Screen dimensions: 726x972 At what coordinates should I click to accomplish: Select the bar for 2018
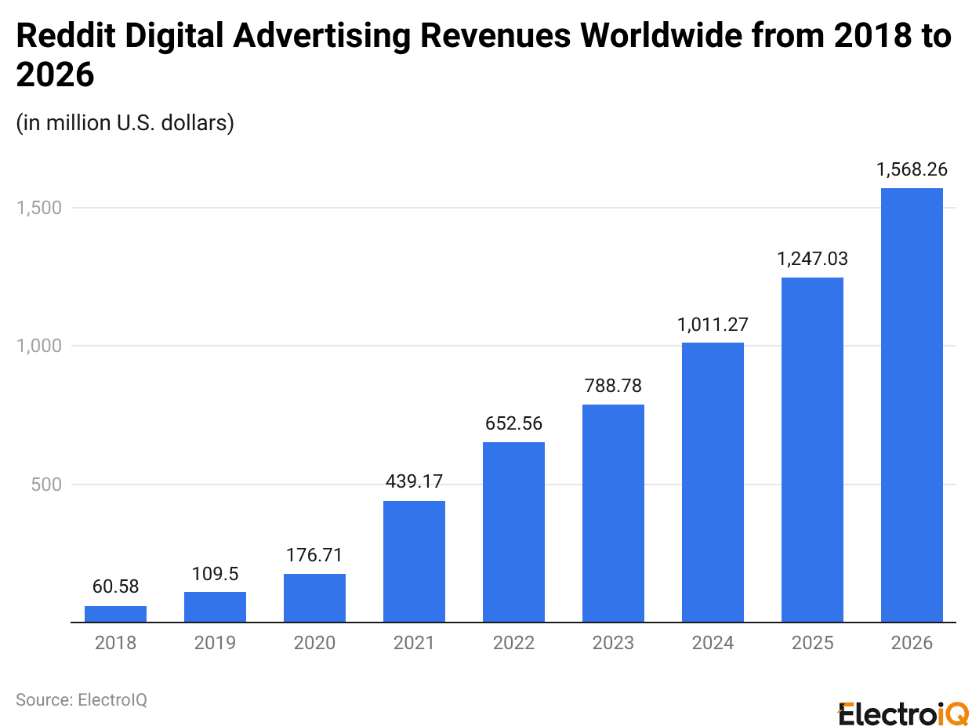point(115,614)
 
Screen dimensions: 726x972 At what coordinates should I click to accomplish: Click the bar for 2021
point(414,561)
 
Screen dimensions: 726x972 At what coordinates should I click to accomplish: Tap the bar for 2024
point(713,482)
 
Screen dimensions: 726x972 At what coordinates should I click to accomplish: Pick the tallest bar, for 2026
point(912,405)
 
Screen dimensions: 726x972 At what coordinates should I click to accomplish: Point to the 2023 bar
point(613,513)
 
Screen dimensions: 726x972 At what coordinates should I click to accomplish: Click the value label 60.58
point(115,587)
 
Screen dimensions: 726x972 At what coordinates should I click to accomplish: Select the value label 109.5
point(215,573)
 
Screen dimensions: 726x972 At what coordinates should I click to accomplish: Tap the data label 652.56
point(513,423)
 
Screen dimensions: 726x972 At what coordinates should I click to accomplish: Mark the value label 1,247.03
point(812,259)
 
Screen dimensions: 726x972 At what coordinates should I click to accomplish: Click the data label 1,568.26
point(912,169)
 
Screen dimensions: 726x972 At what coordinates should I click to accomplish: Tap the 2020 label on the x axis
point(314,643)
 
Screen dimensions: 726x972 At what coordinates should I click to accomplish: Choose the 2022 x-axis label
point(513,643)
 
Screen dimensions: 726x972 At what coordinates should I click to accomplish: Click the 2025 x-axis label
point(812,643)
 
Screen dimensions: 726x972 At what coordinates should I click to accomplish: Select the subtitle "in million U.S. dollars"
point(125,123)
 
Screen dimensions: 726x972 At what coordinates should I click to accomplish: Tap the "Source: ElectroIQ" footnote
point(82,699)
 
